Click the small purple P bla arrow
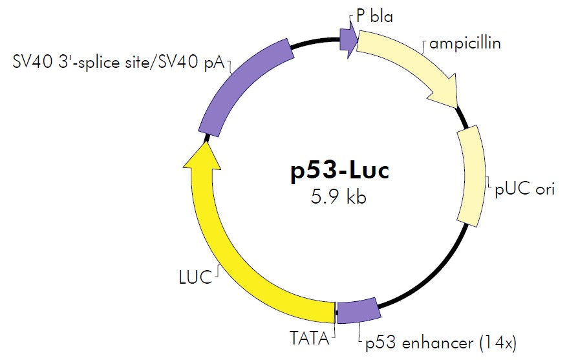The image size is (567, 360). tap(348, 41)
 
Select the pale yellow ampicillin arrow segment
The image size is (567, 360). tap(407, 65)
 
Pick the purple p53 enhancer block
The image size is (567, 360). tap(358, 312)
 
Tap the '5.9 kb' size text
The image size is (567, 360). tap(339, 196)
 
